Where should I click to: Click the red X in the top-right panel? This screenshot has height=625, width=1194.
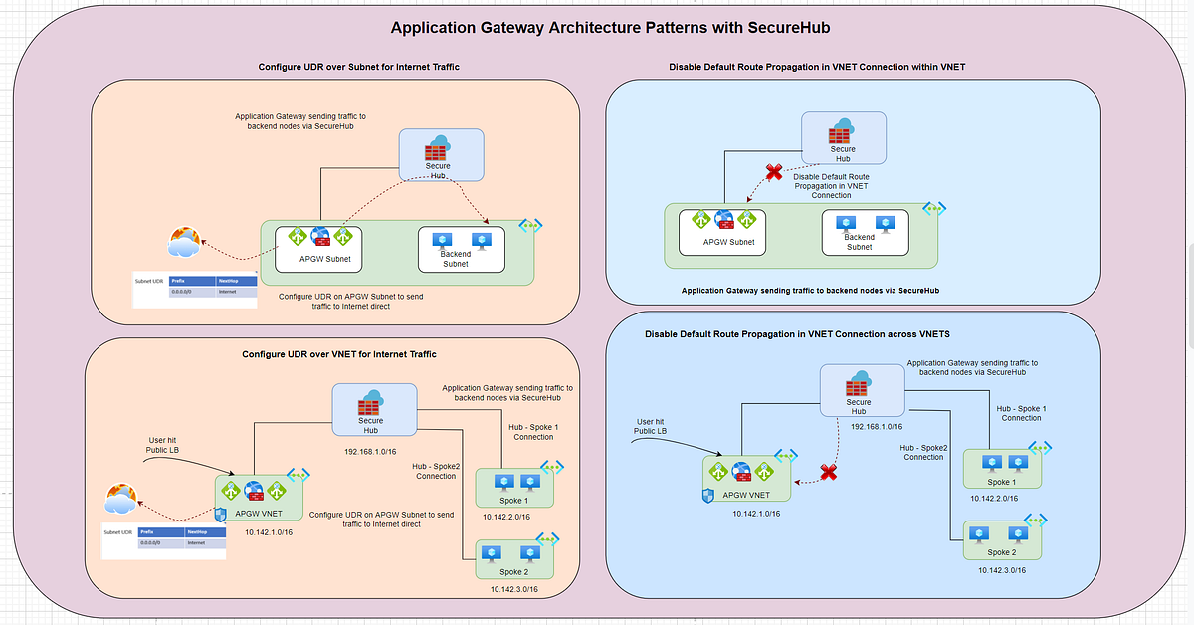pos(773,172)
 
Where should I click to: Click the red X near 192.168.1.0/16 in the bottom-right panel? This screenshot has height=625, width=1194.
pos(827,472)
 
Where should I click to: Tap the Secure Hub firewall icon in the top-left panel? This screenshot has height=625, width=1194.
pos(436,152)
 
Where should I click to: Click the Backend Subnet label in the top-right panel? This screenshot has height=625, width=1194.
pos(859,242)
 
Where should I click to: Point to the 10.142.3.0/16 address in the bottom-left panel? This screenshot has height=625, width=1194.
pos(513,589)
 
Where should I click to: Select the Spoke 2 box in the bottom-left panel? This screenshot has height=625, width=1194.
pos(515,558)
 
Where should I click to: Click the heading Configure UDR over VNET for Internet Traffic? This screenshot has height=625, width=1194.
pos(339,354)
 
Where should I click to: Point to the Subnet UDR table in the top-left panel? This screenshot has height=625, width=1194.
pos(195,287)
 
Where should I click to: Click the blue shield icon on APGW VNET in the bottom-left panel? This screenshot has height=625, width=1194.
pos(221,515)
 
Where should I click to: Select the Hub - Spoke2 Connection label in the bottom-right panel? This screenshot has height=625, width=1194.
pos(923,452)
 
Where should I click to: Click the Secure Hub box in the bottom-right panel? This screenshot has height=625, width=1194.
pos(859,391)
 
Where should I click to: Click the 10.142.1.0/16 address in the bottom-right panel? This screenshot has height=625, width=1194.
pos(756,514)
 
